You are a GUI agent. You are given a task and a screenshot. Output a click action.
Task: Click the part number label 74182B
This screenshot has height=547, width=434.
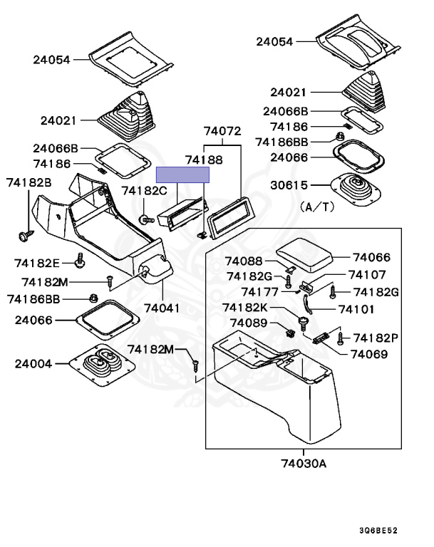click(29, 183)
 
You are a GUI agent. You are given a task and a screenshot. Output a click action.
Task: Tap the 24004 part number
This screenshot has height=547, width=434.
click(33, 363)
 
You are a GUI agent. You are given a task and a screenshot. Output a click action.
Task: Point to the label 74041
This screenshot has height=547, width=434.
click(162, 308)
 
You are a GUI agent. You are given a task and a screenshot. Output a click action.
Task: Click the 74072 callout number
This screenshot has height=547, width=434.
click(222, 131)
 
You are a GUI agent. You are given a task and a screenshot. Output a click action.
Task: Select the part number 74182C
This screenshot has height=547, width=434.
click(144, 190)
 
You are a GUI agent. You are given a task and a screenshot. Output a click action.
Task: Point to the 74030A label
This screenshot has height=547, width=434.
click(304, 464)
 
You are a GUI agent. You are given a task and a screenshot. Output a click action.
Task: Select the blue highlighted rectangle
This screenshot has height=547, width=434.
click(183, 174)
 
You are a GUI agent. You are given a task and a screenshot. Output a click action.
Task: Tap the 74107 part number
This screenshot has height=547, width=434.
click(367, 274)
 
